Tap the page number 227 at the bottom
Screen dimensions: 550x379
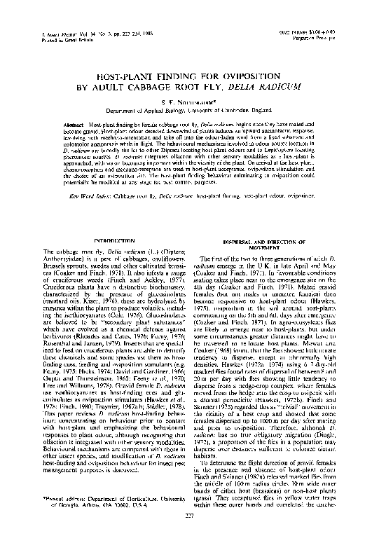pos(190,537)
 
